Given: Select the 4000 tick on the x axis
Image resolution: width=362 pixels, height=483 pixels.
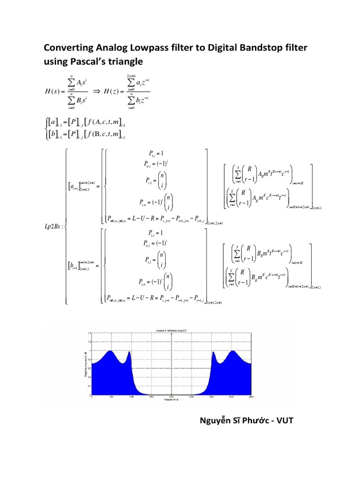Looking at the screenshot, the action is pos(251,397).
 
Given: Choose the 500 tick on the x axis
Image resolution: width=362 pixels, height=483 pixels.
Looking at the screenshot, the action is pos(111,397).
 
